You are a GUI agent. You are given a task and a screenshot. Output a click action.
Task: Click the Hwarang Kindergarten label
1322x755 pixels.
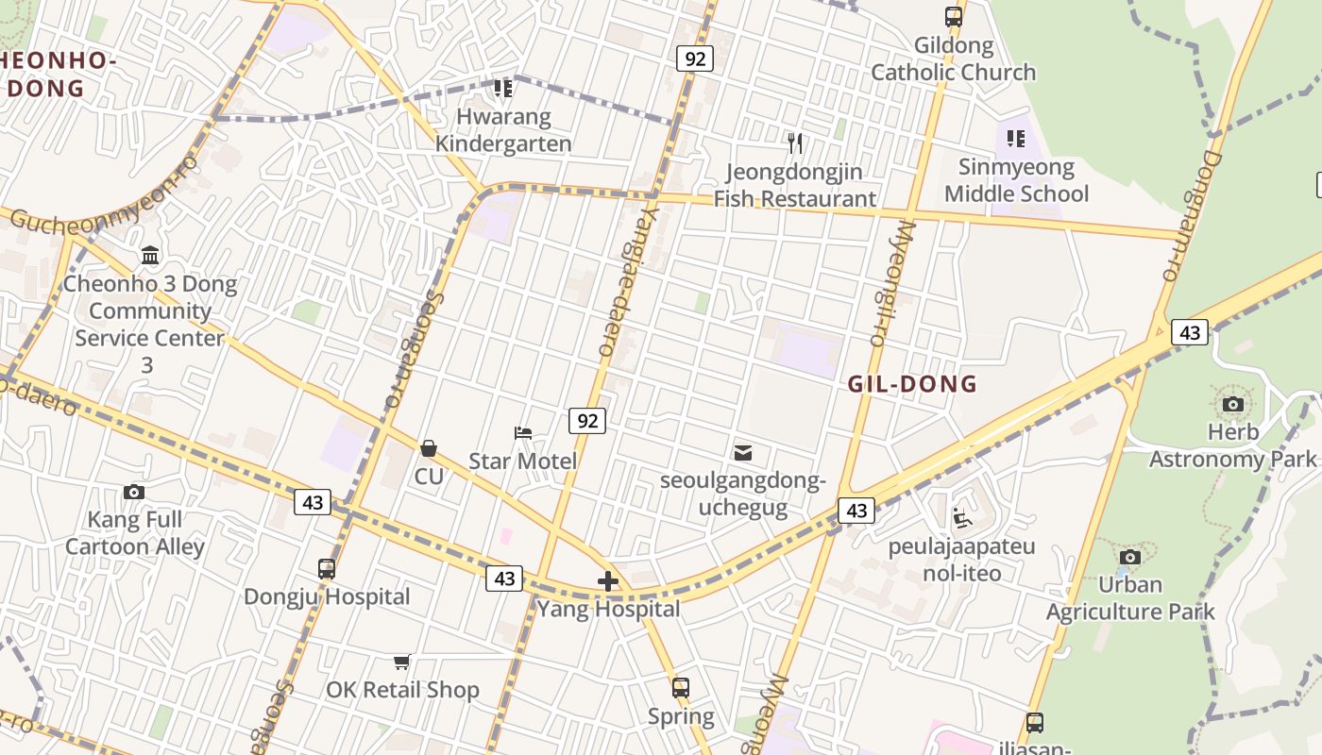pos(503,130)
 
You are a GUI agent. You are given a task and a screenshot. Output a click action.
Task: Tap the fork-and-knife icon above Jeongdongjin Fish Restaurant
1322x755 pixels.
pos(795,143)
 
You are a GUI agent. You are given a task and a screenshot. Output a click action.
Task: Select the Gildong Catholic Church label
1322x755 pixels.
pos(953,59)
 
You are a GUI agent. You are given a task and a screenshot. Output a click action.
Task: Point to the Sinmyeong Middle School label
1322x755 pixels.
pos(1016,180)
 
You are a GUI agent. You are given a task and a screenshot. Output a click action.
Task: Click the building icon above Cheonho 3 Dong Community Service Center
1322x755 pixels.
pos(150,255)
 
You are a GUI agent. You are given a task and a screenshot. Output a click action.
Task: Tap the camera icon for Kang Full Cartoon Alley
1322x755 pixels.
pos(134,492)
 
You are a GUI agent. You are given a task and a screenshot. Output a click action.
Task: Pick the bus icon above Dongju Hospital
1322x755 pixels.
pos(327,569)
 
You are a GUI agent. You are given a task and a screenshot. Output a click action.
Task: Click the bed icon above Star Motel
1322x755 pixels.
pos(523,433)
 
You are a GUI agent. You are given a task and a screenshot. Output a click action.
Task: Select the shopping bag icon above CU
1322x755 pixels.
pos(429,447)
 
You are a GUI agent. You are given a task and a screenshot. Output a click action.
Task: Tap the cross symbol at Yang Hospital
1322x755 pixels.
pos(608,581)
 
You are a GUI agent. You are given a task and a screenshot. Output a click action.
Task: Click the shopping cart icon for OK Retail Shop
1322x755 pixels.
pos(402,662)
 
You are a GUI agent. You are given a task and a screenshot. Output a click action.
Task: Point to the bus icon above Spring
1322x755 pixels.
pos(681,688)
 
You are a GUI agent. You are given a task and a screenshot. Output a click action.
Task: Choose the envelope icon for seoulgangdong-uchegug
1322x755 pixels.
pos(743,453)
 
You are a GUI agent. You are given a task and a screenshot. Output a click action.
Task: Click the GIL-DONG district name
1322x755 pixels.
pos(912,384)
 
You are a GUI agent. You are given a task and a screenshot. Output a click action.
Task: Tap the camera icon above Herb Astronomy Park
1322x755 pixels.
pos(1232,405)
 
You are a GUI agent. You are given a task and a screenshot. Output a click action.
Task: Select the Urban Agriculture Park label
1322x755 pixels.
pos(1130,598)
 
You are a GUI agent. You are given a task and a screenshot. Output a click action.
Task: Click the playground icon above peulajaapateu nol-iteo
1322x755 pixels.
pos(961,518)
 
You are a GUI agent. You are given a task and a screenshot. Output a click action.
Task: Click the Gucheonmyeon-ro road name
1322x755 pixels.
pos(104,199)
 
